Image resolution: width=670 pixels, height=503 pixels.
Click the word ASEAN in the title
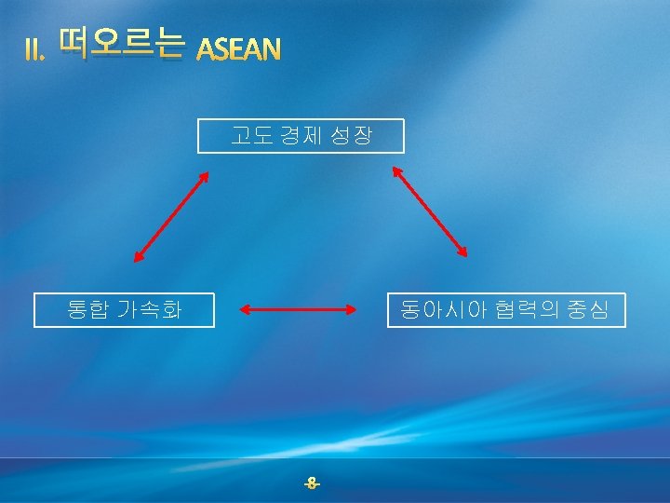tap(239, 49)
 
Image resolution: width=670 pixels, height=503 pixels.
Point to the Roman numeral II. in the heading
tap(34, 51)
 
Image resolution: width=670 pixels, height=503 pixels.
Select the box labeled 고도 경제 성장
tap(301, 136)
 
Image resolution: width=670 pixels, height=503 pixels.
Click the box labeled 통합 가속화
tap(124, 310)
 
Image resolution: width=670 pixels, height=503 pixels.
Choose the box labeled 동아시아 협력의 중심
tap(506, 310)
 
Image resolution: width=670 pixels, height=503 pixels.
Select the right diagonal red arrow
tap(430, 211)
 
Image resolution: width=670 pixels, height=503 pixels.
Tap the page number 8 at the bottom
tap(312, 483)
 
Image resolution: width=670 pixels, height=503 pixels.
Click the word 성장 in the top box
tap(354, 136)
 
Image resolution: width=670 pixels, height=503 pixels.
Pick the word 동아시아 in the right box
tap(435, 310)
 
